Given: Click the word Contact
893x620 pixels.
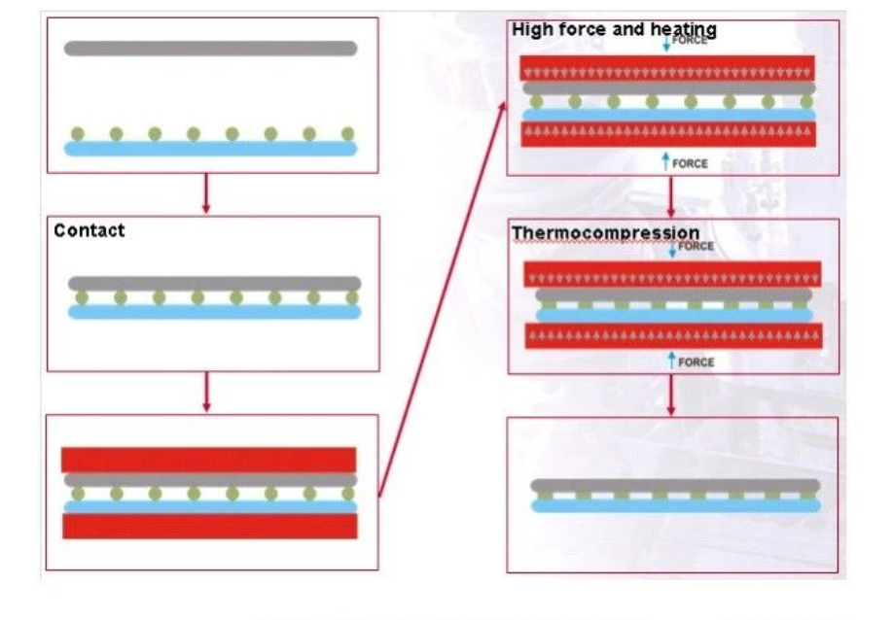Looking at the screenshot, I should (89, 230).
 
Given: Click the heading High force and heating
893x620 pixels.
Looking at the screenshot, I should (614, 29).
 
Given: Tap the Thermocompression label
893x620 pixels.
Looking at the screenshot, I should (605, 233).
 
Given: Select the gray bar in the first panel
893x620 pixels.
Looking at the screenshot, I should (211, 49).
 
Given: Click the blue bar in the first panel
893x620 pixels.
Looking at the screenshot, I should (211, 149).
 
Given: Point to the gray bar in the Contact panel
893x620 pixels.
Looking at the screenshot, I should (214, 283).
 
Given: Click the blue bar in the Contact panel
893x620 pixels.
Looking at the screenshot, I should (214, 312).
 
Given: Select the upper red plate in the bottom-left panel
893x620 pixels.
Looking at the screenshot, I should (208, 460).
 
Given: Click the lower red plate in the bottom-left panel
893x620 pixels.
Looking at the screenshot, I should (210, 526).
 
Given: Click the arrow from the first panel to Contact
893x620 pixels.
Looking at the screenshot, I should (205, 193).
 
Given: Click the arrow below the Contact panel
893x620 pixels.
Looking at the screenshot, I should (206, 392).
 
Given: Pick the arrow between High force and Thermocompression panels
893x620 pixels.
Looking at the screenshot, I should (671, 197).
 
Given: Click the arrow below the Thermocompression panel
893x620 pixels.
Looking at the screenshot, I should (671, 396).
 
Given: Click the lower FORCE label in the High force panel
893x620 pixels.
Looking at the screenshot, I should (690, 163).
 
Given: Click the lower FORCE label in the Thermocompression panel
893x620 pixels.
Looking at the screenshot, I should (696, 362).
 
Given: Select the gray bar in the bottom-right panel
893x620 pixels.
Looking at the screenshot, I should (674, 485).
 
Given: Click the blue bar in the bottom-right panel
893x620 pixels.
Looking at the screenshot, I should (674, 506).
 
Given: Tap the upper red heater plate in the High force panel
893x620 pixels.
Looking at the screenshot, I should (667, 68).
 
